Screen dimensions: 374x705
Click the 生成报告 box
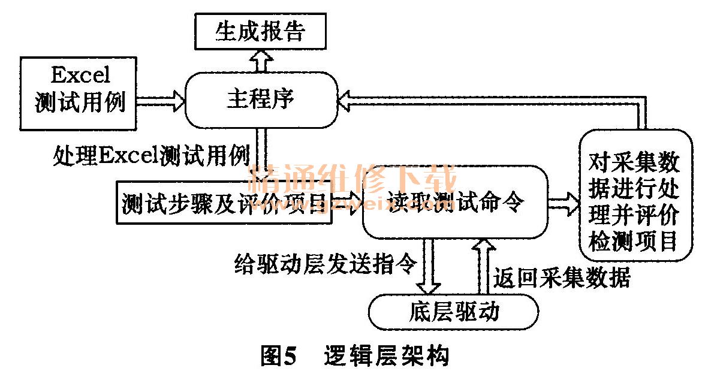click(x=260, y=32)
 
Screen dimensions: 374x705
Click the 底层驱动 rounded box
click(x=453, y=312)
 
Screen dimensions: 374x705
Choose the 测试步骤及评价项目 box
click(x=224, y=204)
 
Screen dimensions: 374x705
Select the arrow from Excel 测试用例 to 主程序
click(x=161, y=99)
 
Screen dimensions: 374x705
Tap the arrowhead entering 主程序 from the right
click(x=348, y=99)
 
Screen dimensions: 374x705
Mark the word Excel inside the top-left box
click(x=80, y=76)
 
